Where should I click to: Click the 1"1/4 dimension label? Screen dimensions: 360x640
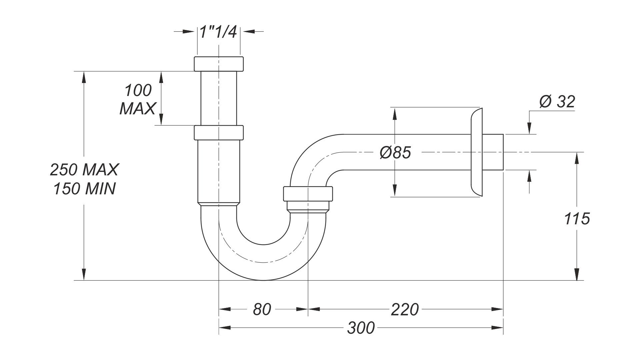pyautogui.click(x=218, y=32)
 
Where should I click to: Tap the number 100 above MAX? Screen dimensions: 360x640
pyautogui.click(x=138, y=90)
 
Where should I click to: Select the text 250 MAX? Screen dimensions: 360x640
pyautogui.click(x=84, y=170)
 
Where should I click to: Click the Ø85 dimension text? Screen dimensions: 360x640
pyautogui.click(x=395, y=153)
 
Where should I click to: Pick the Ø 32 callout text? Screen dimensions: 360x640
pyautogui.click(x=557, y=102)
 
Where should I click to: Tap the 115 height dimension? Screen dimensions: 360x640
pyautogui.click(x=577, y=219)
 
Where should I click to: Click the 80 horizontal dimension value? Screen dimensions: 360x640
pyautogui.click(x=262, y=309)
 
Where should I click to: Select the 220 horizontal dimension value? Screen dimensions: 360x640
pyautogui.click(x=404, y=309)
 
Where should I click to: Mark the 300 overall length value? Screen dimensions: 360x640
pyautogui.click(x=361, y=328)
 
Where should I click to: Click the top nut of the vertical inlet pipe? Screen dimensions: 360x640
pyautogui.click(x=218, y=64)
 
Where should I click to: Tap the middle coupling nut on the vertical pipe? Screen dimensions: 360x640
pyautogui.click(x=218, y=132)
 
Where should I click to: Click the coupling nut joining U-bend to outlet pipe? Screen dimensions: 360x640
pyautogui.click(x=308, y=194)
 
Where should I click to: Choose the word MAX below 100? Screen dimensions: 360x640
pyautogui.click(x=137, y=109)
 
